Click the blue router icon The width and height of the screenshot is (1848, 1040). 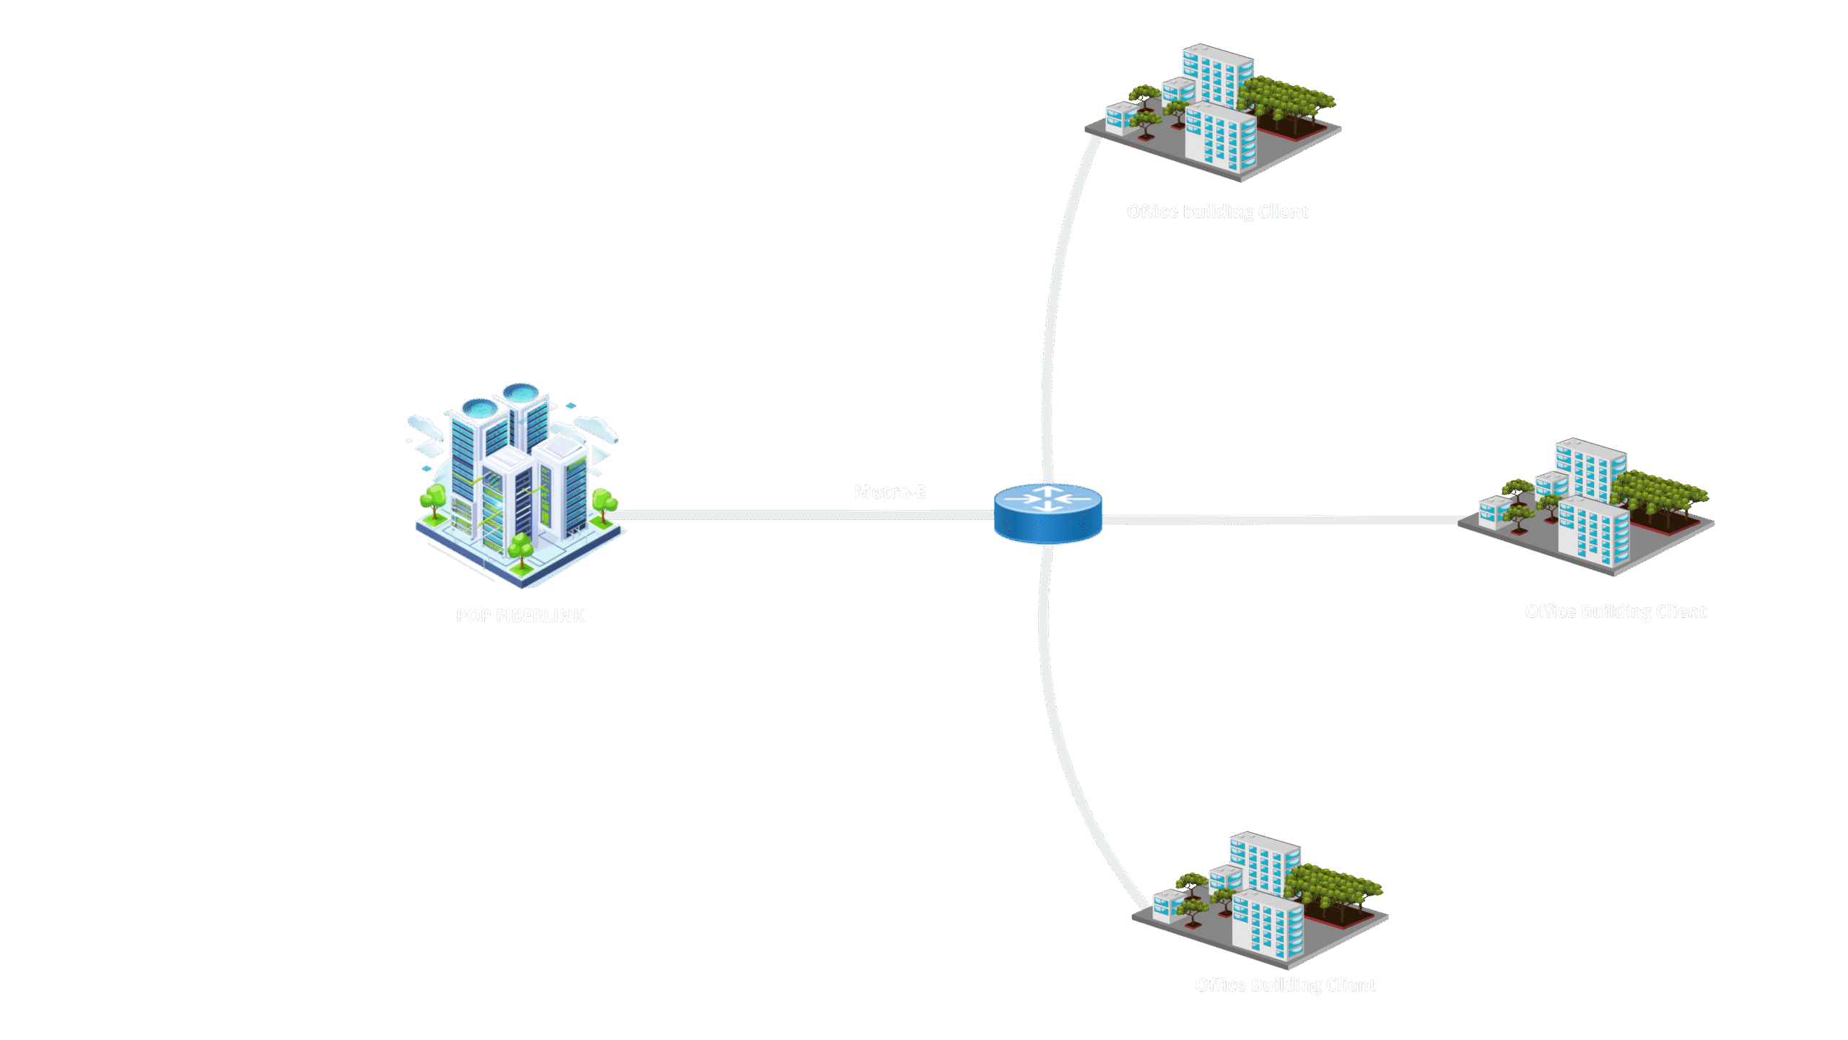(x=1047, y=514)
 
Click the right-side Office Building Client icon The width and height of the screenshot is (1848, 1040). (x=1587, y=506)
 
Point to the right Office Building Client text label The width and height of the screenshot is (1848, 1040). (x=1615, y=612)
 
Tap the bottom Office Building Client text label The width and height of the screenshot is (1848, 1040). (x=1285, y=985)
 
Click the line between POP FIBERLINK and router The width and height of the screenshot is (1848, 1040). (x=794, y=515)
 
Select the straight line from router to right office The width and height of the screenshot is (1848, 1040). (x=1285, y=520)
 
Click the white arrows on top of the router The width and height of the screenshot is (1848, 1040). (x=1047, y=498)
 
